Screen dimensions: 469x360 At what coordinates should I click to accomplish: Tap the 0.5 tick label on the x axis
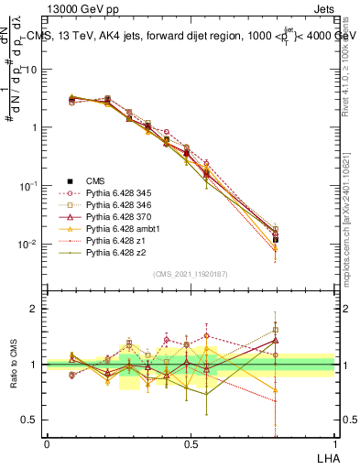(191, 443)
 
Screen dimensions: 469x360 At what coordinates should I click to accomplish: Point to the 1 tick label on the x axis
(334, 443)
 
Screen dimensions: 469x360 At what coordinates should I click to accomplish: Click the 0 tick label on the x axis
(47, 443)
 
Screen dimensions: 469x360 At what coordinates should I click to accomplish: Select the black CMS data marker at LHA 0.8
(276, 238)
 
